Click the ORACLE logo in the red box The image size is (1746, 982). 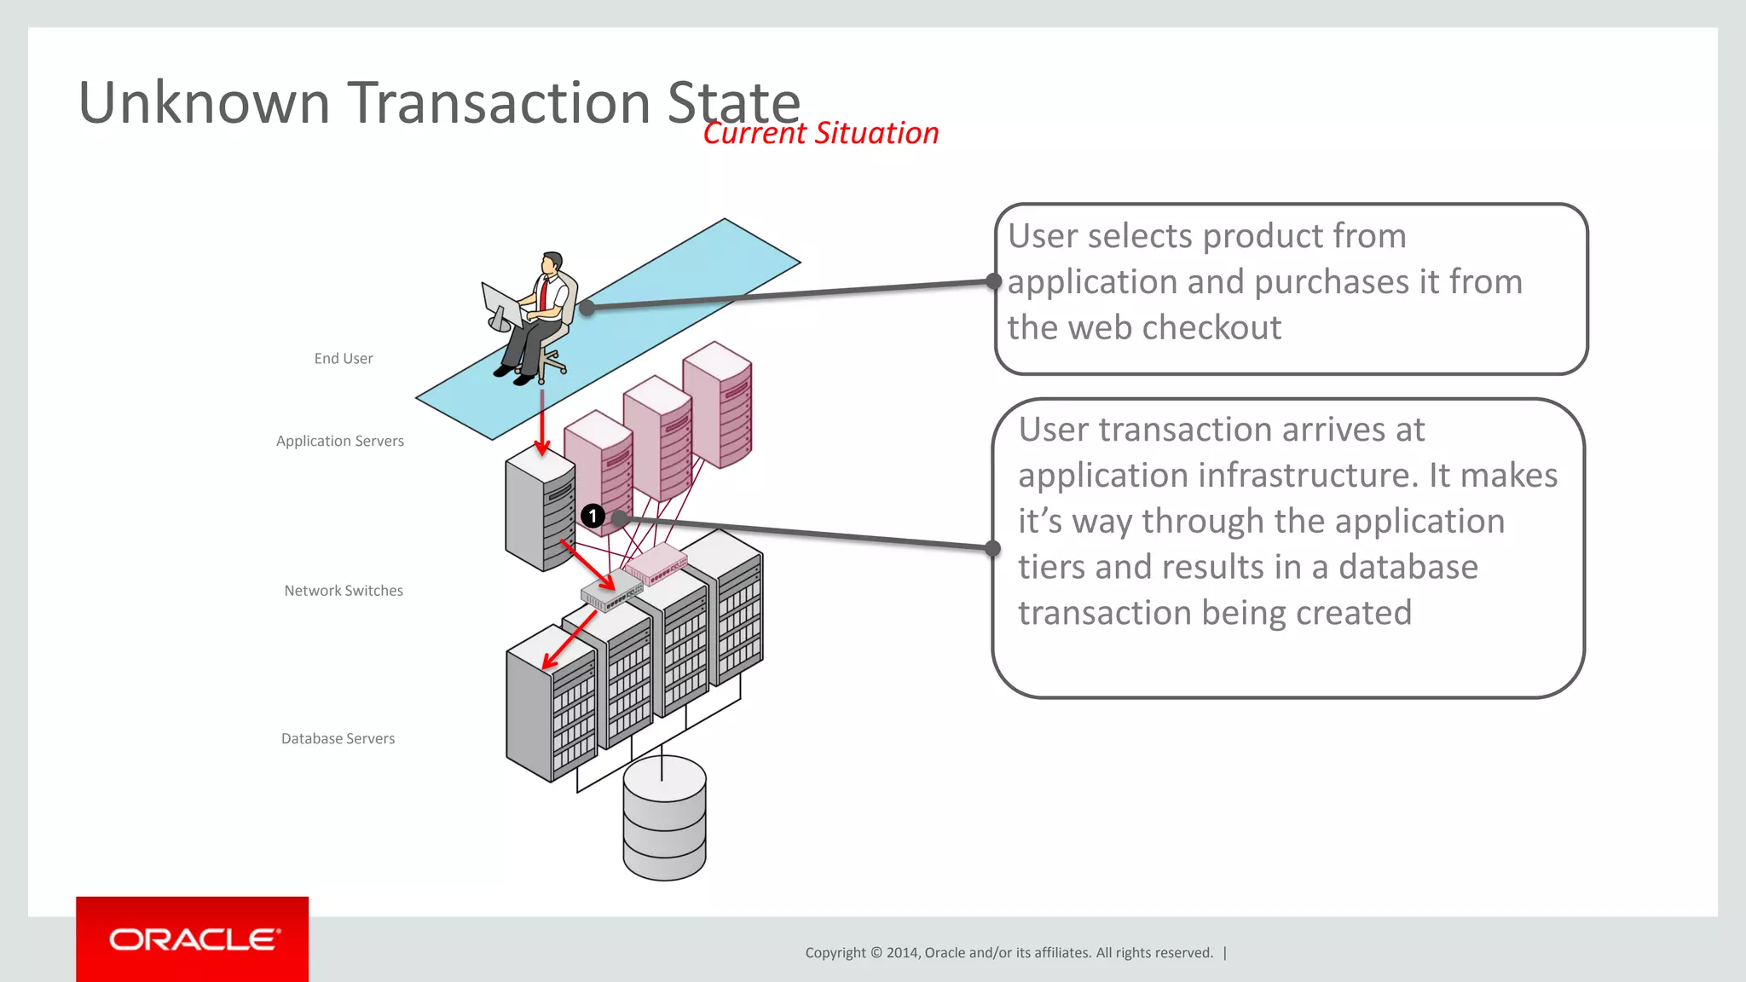[194, 939]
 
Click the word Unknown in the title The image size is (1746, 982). [204, 103]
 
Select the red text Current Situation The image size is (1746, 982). [820, 133]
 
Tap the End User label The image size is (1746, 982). [343, 359]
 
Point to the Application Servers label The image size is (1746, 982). [339, 441]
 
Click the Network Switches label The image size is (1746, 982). [343, 591]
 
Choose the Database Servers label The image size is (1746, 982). [338, 738]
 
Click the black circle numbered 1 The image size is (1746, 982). [593, 516]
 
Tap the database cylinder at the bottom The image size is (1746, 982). [664, 818]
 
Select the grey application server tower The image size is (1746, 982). [539, 511]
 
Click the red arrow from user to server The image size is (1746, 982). [541, 422]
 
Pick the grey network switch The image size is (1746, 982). [610, 591]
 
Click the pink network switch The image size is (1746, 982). [655, 563]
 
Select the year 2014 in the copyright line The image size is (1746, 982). [902, 953]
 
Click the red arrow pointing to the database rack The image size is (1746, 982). [569, 640]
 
